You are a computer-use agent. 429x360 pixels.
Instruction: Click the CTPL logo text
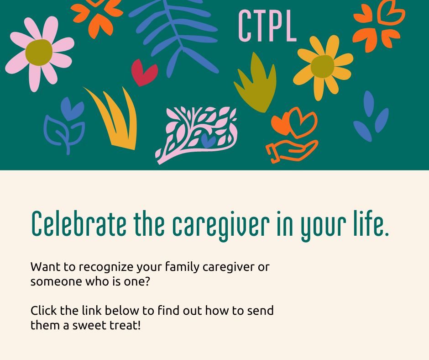coord(267,26)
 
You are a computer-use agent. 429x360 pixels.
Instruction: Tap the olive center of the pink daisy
coord(39,53)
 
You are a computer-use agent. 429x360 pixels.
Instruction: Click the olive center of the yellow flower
coord(323,66)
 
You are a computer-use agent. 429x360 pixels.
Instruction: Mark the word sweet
coord(91,326)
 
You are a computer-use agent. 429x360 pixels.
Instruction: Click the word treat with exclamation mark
coord(125,326)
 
